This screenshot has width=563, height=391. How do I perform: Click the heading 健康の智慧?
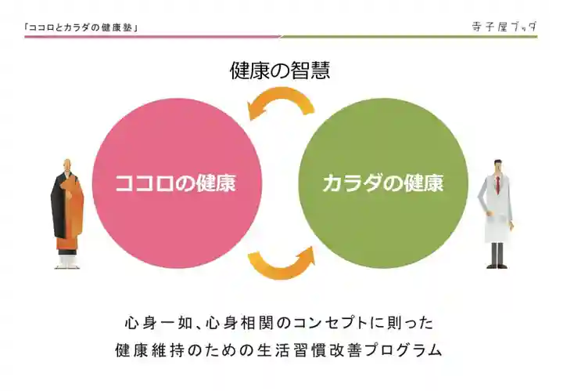pos(280,71)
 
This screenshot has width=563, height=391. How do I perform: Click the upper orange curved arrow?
pos(281,103)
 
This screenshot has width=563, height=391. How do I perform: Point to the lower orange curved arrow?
pos(282,263)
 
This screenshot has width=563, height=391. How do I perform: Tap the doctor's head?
pos(497,166)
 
